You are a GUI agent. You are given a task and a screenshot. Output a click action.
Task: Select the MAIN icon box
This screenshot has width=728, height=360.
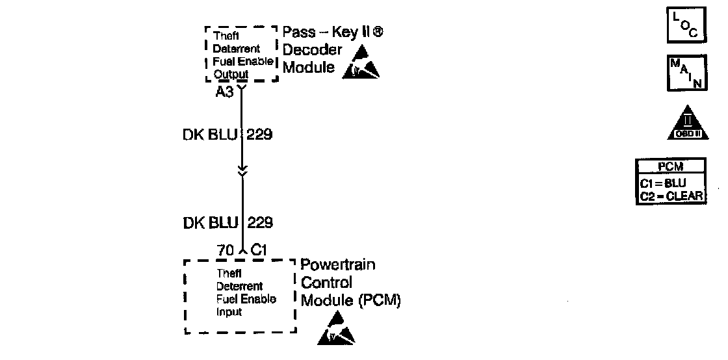[685, 73]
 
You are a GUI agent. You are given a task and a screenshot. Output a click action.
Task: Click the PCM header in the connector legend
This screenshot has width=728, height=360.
[670, 167]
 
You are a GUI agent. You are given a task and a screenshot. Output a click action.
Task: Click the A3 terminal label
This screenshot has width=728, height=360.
[225, 92]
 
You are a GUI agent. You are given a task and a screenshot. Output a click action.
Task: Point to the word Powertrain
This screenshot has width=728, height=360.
[338, 265]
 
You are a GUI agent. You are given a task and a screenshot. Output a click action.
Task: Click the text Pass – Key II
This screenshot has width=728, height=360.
[328, 32]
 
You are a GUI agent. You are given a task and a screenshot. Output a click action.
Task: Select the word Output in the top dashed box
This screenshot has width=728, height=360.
[231, 75]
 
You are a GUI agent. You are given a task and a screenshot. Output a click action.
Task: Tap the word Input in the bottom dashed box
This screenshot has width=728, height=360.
[229, 312]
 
